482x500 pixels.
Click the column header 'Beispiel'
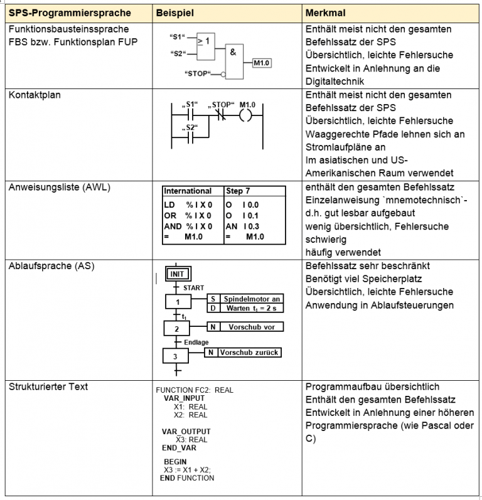click(x=175, y=13)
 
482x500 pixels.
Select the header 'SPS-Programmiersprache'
click(x=70, y=13)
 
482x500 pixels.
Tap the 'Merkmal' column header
click(x=326, y=13)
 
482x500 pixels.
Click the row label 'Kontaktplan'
click(x=36, y=95)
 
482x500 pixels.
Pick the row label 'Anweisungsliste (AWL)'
click(x=59, y=186)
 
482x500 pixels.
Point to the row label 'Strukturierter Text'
click(x=48, y=386)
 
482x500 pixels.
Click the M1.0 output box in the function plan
click(x=262, y=63)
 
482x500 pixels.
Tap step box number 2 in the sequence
click(x=177, y=328)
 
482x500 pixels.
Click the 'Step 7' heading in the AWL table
click(x=238, y=191)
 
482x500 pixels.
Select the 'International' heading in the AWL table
click(x=188, y=191)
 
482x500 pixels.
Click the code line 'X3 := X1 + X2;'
click(x=187, y=470)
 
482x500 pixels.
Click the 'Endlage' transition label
click(x=196, y=343)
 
